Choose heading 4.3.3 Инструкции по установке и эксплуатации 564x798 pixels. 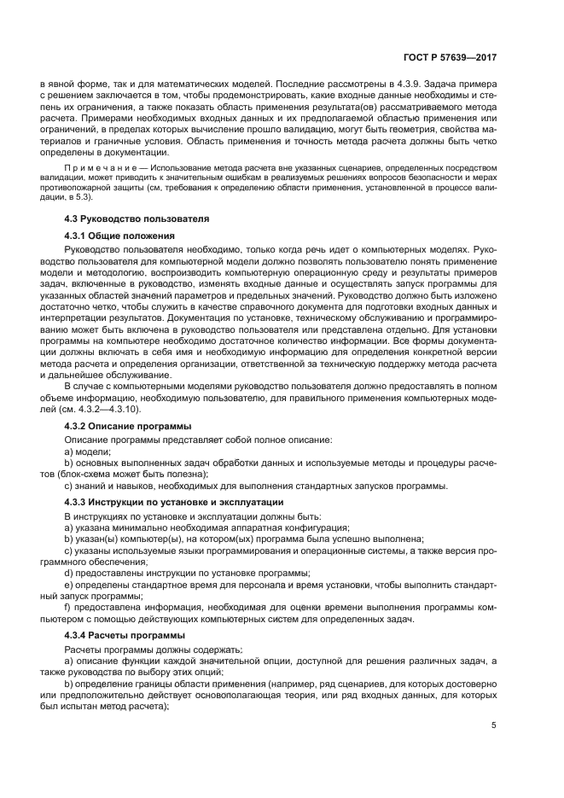(x=174, y=501)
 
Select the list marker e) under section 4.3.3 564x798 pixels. (x=69, y=585)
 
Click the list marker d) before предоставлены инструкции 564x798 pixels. (x=69, y=573)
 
